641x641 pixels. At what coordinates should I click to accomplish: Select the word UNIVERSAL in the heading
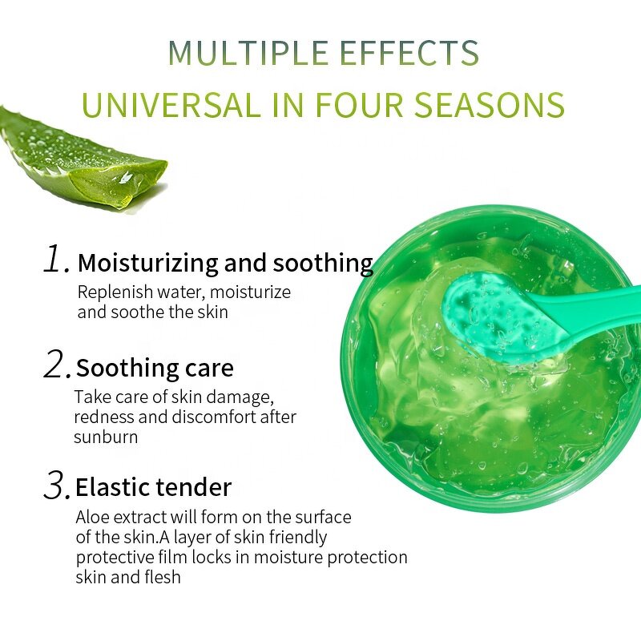(165, 105)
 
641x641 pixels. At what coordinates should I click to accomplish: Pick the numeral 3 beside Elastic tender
(56, 486)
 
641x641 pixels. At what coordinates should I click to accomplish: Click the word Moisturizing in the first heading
(148, 264)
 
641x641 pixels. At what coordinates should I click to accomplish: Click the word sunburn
(106, 437)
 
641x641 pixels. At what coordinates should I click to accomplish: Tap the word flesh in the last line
(161, 577)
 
